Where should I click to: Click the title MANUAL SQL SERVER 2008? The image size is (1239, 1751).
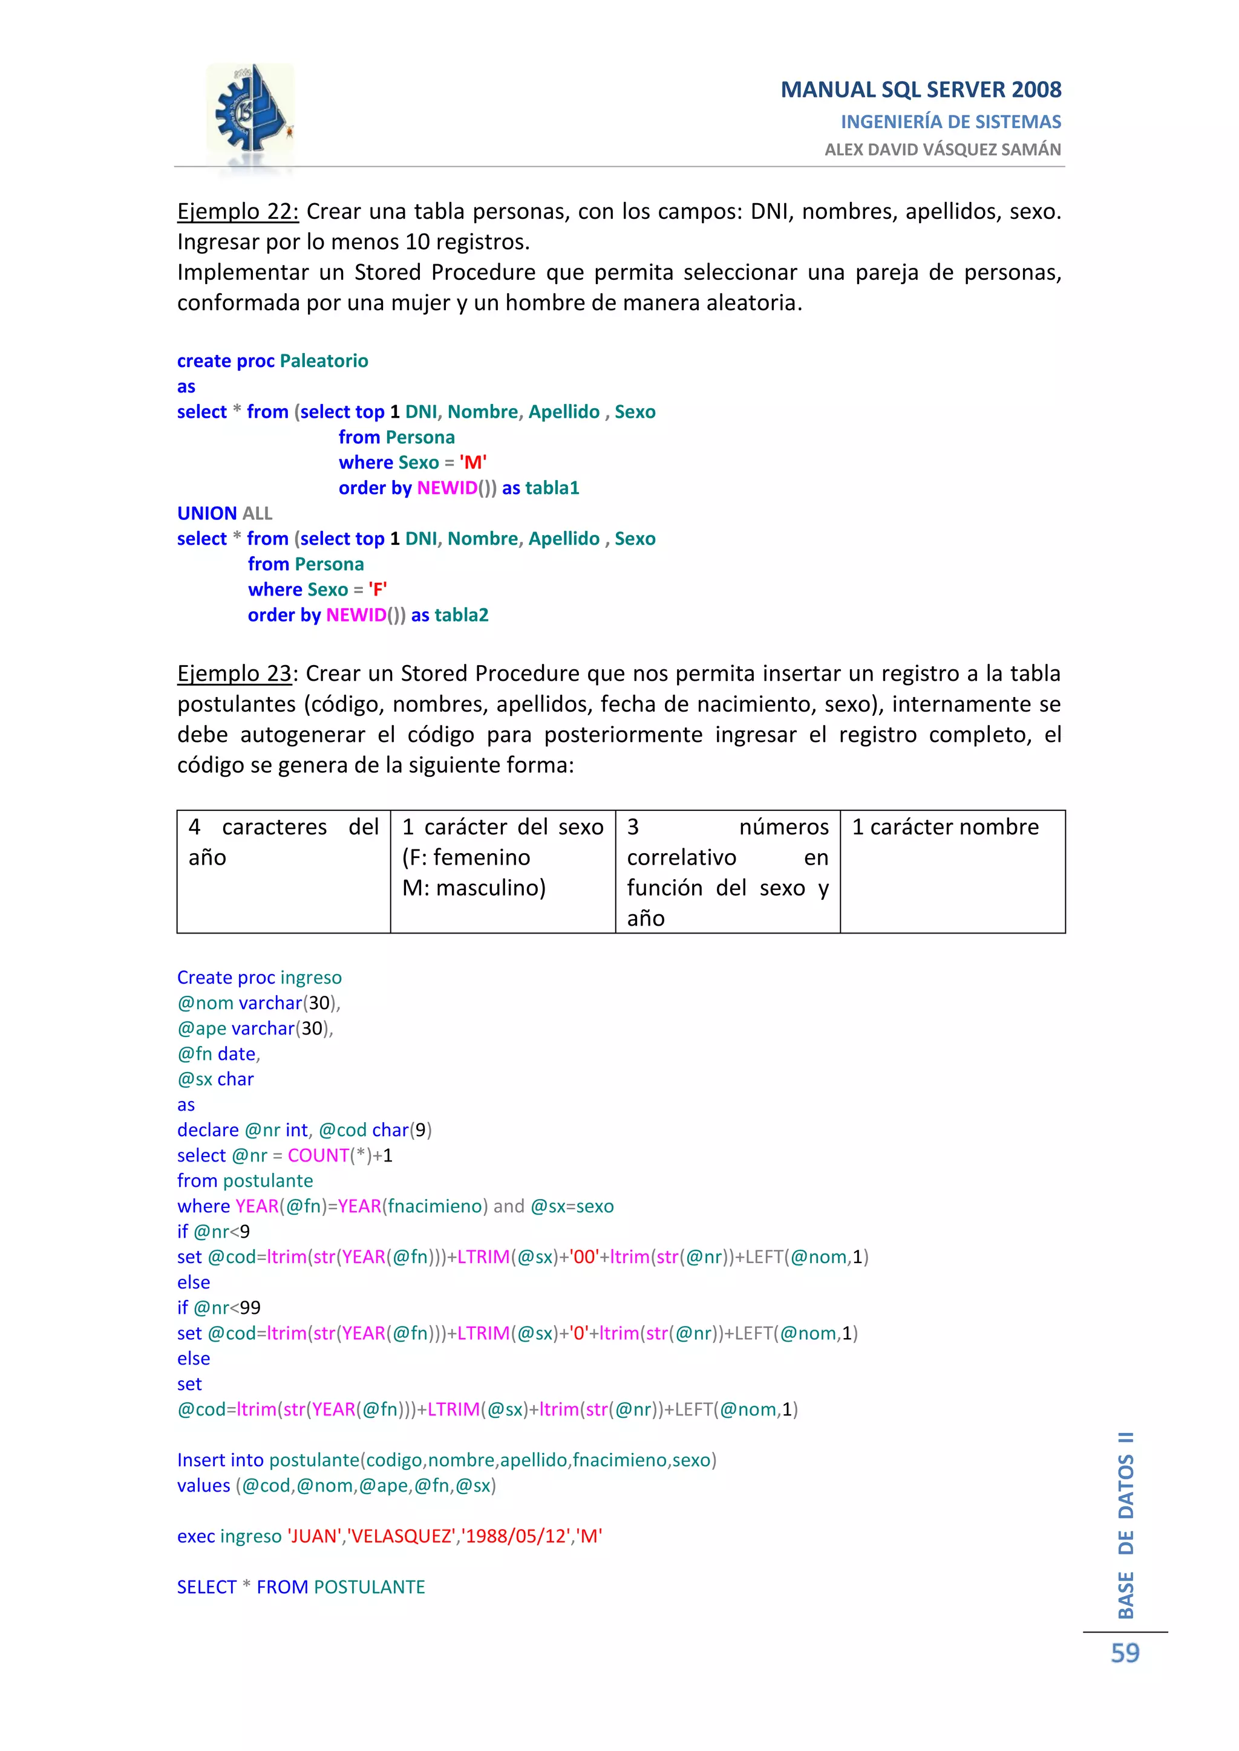coord(920,90)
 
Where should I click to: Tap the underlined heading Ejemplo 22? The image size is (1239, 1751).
coord(237,211)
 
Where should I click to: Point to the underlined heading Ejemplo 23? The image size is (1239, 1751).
coord(234,674)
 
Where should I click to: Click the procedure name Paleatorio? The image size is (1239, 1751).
coord(324,361)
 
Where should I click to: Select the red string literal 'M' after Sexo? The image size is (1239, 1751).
coord(473,462)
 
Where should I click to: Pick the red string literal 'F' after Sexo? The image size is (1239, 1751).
coord(378,590)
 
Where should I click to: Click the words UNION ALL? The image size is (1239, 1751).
coord(224,513)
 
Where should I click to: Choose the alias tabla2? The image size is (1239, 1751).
coord(461,616)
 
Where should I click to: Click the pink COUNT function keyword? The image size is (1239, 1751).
coord(318,1155)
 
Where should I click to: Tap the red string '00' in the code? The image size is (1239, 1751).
coord(584,1257)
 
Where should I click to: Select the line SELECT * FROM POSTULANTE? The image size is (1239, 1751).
coord(301,1587)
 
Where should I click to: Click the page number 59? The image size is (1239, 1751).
coord(1125,1654)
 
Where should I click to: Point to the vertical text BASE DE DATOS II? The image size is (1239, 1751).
coord(1125,1525)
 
